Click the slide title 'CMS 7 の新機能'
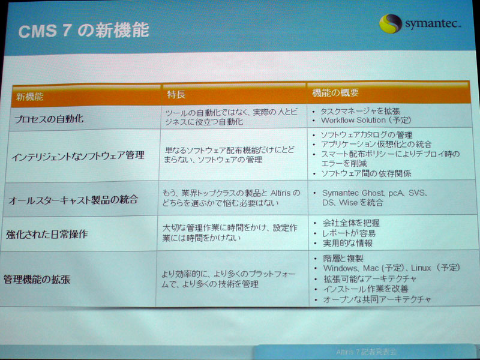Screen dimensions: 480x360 (x=83, y=31)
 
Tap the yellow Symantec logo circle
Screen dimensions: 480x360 (x=391, y=23)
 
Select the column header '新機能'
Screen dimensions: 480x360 (x=29, y=97)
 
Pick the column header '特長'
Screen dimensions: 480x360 (x=176, y=95)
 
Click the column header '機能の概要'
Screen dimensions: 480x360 (x=335, y=93)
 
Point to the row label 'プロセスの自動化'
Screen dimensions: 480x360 (x=49, y=119)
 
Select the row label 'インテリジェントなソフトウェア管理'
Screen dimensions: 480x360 (x=78, y=156)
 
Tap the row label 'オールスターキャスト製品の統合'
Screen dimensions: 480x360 (x=73, y=200)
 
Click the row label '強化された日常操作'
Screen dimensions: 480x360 (x=47, y=235)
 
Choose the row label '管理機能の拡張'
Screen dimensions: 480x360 (x=37, y=279)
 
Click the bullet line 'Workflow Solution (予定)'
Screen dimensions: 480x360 (x=366, y=120)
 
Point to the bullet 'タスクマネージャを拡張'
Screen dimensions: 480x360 (x=360, y=111)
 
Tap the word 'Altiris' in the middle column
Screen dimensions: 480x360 (x=281, y=193)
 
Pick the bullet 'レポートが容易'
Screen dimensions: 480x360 (x=349, y=233)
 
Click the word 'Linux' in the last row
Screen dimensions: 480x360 (x=421, y=268)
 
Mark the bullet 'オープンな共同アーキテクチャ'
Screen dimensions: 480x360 (x=377, y=299)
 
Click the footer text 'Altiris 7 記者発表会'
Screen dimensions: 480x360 (x=366, y=352)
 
